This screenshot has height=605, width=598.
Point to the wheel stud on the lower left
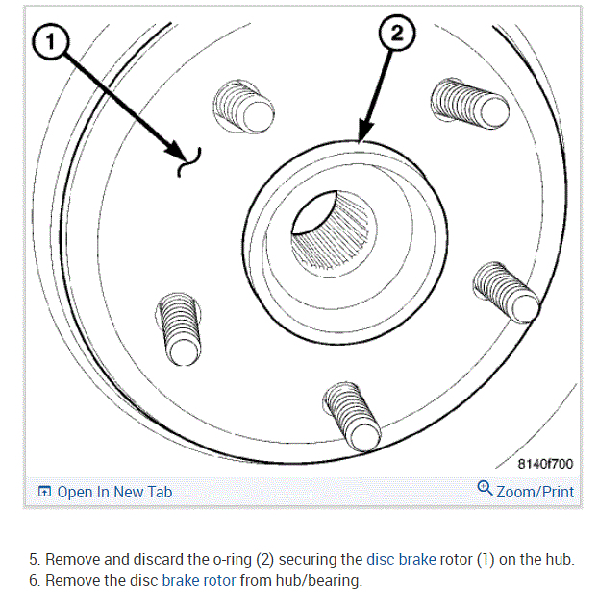click(x=179, y=327)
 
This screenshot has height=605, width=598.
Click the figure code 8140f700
click(x=545, y=464)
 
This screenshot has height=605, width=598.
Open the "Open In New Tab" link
click(x=114, y=492)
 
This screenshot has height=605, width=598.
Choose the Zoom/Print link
click(x=535, y=492)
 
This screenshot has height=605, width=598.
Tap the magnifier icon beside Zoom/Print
click(x=485, y=489)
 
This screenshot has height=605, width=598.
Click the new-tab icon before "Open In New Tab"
click(x=43, y=492)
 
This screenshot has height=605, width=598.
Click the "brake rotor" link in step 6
click(x=197, y=581)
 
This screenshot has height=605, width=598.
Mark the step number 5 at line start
click(x=34, y=560)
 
